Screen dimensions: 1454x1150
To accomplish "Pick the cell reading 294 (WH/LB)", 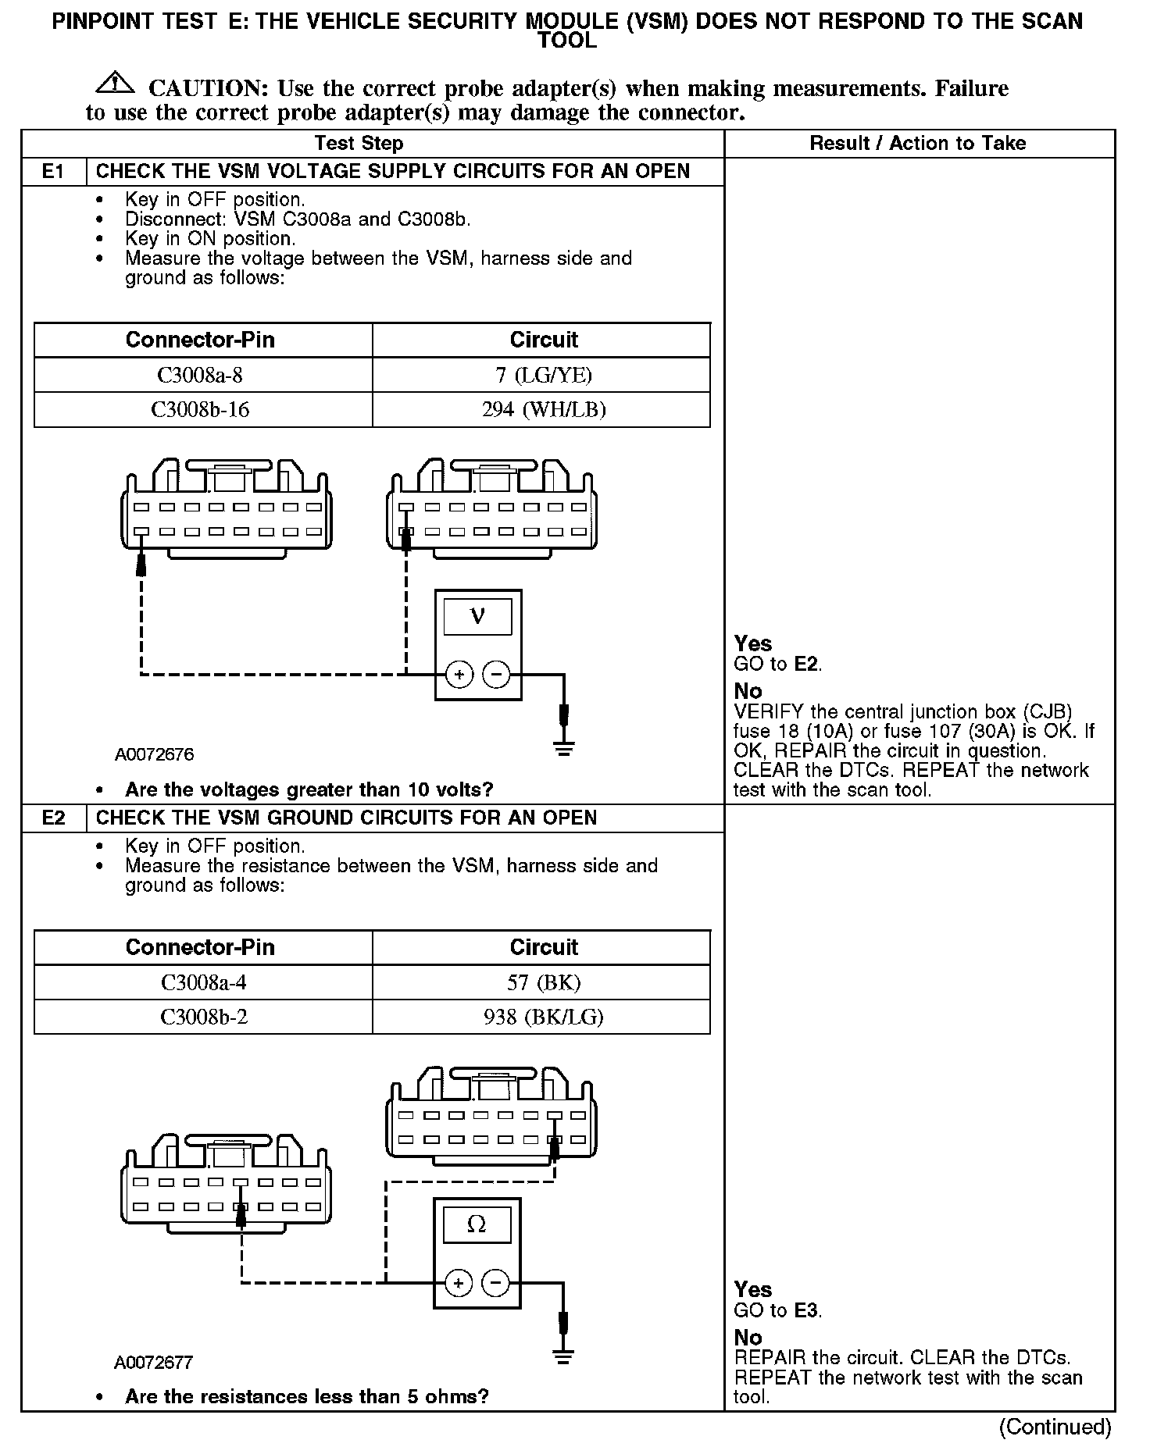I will coord(544,410).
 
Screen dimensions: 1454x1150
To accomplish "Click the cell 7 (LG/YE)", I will coord(544,376).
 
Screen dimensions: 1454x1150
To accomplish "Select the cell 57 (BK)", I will coord(544,982).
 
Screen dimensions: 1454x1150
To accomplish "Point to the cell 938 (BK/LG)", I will coord(544,1017).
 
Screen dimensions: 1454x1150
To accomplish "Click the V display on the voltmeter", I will coord(477,617).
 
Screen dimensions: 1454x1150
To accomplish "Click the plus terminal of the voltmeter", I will coord(459,675).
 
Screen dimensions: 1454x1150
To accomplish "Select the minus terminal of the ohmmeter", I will coord(495,1283).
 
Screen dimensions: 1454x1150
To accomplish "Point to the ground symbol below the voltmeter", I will coord(564,748).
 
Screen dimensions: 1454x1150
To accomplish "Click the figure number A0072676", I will coord(154,755).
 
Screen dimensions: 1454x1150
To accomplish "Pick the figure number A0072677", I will coord(154,1363).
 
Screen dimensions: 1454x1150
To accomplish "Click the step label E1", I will coord(53,172).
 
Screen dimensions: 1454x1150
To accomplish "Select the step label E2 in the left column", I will coord(53,818).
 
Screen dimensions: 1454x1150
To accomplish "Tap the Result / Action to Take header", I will coord(917,144).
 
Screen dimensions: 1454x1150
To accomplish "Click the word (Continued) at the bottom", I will coord(1055,1427).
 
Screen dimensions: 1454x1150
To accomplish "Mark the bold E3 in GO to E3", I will coord(807,1311).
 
